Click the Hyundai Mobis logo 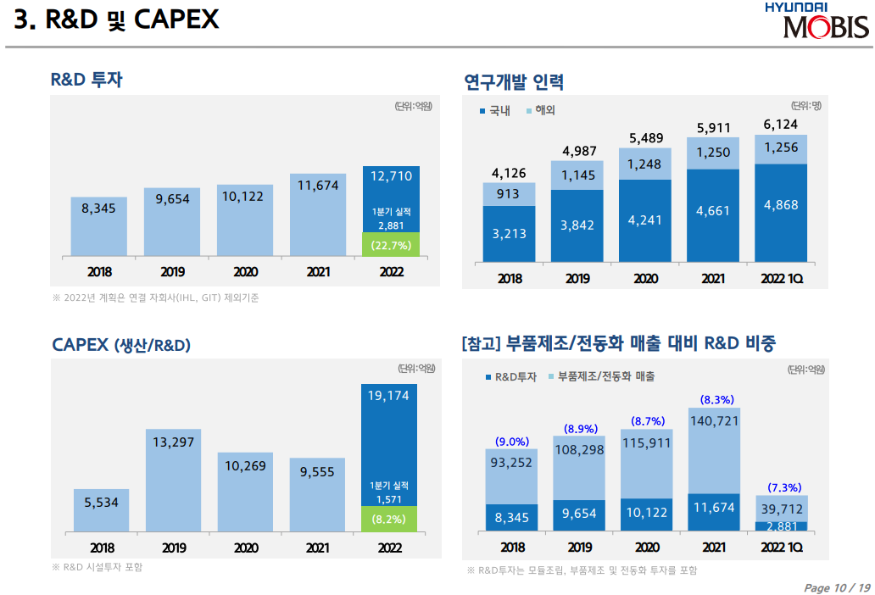[816, 21]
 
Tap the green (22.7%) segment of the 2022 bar [391, 245]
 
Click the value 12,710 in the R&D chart [391, 176]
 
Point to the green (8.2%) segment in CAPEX [389, 519]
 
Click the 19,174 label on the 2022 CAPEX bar [389, 395]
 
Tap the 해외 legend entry [542, 111]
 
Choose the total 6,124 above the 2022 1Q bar [780, 124]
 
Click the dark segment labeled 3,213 [509, 233]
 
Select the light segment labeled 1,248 [644, 164]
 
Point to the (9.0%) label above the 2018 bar [511, 442]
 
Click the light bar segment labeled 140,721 [713, 449]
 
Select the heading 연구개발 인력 [514, 81]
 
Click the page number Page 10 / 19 [836, 587]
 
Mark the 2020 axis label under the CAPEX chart [246, 547]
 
